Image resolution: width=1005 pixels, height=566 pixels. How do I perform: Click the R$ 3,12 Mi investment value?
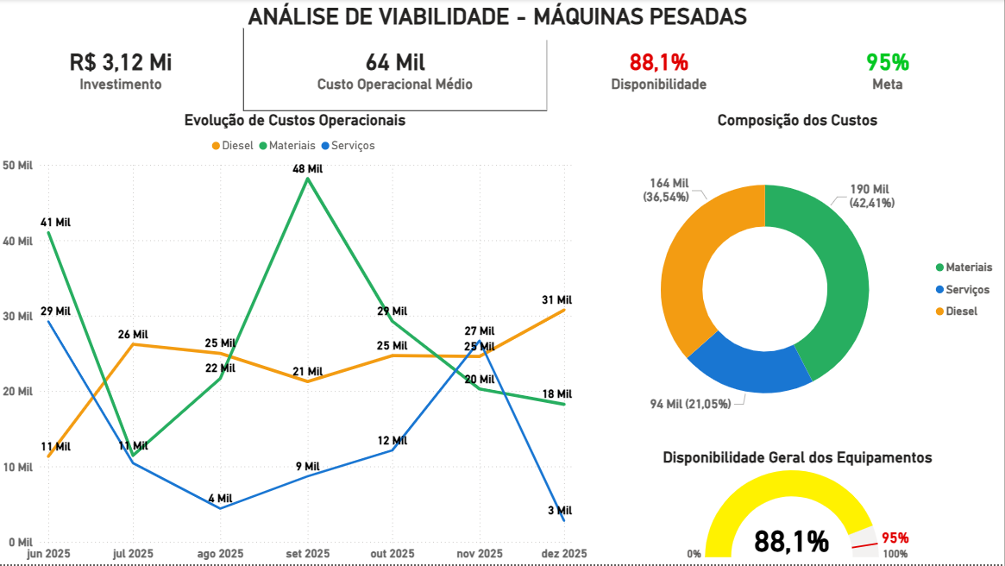pos(121,62)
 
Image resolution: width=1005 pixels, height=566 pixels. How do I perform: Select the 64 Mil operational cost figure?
pos(395,62)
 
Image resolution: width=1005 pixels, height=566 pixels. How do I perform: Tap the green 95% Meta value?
pos(888,62)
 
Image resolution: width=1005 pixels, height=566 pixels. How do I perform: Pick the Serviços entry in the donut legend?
pos(967,290)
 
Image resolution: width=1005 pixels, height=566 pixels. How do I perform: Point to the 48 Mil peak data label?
pos(307,169)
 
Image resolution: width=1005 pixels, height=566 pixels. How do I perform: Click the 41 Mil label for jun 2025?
pos(55,222)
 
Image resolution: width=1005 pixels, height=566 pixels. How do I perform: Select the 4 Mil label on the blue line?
pos(220,498)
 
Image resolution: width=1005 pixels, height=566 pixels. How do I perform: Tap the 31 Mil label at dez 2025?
pos(557,299)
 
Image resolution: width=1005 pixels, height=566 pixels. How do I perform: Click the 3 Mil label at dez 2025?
pos(559,510)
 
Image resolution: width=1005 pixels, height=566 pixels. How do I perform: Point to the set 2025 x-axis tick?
pos(307,553)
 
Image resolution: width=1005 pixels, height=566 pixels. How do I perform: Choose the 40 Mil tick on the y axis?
pos(17,242)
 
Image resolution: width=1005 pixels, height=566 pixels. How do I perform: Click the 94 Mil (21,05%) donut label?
pos(690,404)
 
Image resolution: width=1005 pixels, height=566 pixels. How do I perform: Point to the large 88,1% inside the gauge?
pos(791,541)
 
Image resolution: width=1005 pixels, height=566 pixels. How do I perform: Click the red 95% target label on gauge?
pos(895,538)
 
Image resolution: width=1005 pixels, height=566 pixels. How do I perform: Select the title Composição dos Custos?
pos(797,121)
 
